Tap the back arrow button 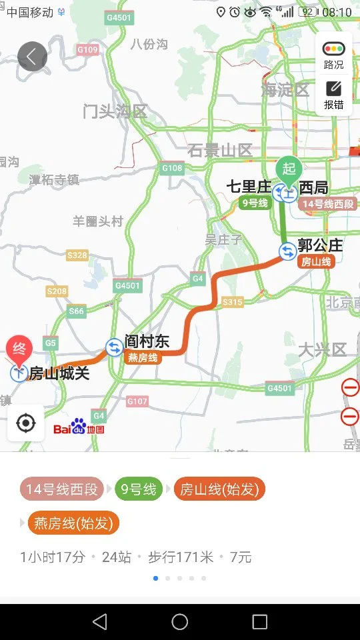[32, 57]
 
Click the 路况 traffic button [333, 55]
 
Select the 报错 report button [333, 95]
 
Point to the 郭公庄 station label [321, 245]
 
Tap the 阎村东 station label [147, 342]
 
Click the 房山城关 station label [59, 373]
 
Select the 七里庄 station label [249, 187]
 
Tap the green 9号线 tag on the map [255, 203]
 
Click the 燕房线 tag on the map [143, 358]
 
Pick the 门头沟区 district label [115, 111]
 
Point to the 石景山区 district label [220, 150]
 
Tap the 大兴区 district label [323, 349]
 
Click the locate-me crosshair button [25, 423]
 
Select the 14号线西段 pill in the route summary [62, 489]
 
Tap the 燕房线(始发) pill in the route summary [73, 523]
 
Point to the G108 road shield [172, 168]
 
